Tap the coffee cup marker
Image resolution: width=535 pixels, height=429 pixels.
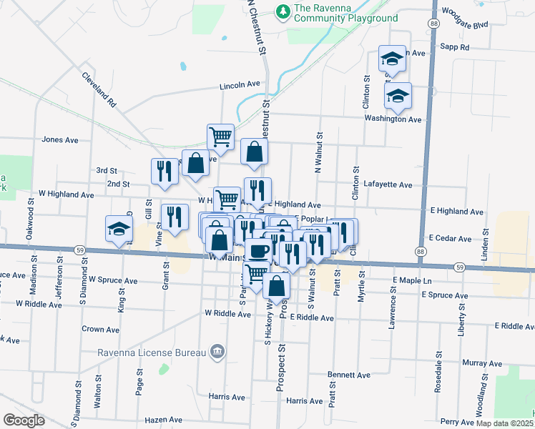[x=258, y=250]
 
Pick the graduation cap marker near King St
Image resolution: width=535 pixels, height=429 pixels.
[x=119, y=229]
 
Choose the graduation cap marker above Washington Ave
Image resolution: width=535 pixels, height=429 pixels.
[x=397, y=95]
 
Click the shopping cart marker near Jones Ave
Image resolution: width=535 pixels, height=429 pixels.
[x=220, y=136]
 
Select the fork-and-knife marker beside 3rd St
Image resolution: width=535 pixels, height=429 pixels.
[x=165, y=171]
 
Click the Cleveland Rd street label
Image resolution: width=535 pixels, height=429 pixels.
[x=99, y=89]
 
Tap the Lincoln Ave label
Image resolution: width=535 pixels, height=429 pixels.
[x=240, y=84]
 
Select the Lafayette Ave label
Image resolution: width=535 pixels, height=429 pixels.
[x=388, y=184]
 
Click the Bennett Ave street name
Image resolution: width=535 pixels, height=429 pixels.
[x=349, y=375]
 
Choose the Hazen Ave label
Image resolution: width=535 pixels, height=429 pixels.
[x=164, y=420]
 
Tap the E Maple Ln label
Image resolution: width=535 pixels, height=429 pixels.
[x=413, y=280]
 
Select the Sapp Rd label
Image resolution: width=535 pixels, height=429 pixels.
[x=455, y=47]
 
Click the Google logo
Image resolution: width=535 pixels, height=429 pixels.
[x=24, y=420]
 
